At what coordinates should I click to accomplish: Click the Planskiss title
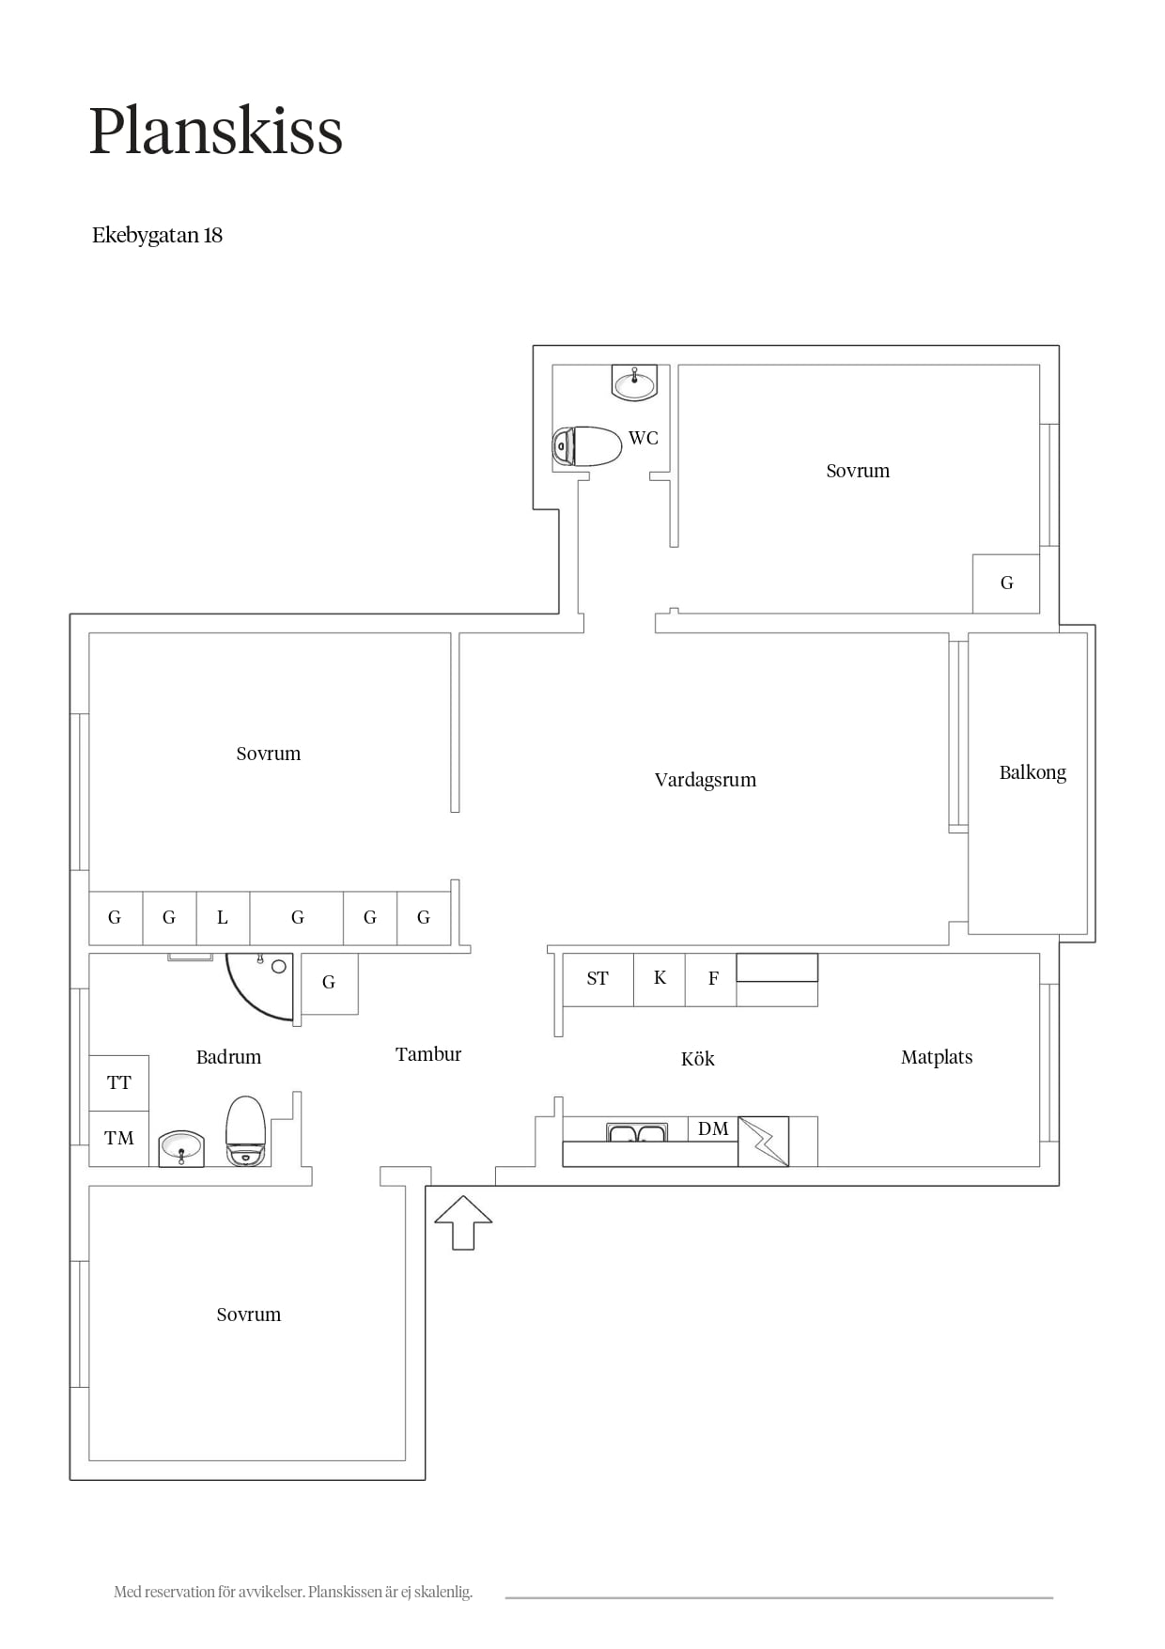point(216,131)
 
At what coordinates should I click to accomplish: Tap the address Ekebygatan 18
point(157,235)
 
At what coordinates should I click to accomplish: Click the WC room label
point(644,438)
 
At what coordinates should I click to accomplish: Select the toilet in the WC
point(587,446)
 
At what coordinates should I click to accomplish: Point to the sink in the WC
point(634,382)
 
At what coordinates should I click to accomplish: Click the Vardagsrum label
point(705,780)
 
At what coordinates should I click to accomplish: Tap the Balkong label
point(1033,772)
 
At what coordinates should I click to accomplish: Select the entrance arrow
point(463,1222)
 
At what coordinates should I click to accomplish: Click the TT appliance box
point(119,1083)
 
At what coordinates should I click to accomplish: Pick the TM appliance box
point(119,1139)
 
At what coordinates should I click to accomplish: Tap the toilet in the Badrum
point(246,1130)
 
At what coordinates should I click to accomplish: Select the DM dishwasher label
point(713,1128)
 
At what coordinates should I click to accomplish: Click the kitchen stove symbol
point(763,1142)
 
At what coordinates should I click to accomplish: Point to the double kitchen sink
point(637,1132)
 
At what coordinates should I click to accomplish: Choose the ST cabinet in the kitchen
point(598,980)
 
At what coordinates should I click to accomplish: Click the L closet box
point(223,918)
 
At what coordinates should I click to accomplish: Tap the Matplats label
point(937,1057)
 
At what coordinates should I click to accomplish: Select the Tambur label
point(428,1054)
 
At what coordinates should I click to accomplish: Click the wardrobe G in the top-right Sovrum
point(1006,583)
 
